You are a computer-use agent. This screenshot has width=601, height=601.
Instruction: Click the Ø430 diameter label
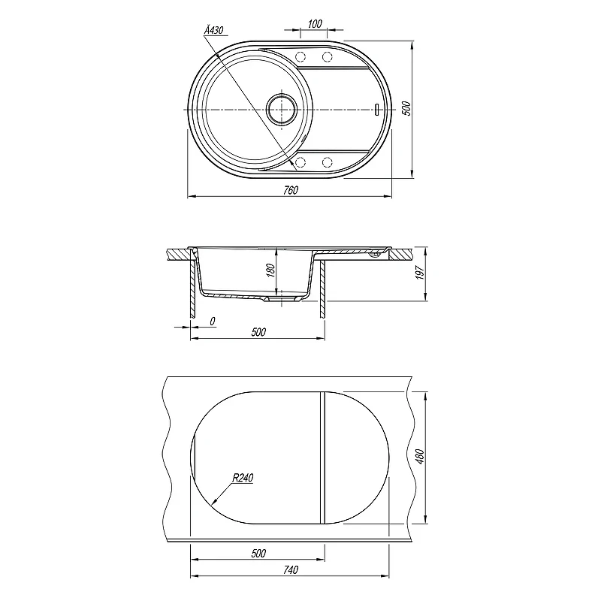(x=214, y=30)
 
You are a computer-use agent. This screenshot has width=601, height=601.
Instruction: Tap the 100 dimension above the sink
(x=315, y=24)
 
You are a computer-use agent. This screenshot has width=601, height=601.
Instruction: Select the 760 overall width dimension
(x=291, y=190)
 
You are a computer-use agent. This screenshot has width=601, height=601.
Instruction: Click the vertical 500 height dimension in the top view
(x=406, y=108)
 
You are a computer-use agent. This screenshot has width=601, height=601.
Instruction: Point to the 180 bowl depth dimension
(x=270, y=270)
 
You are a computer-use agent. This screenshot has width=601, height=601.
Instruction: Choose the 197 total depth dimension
(x=420, y=273)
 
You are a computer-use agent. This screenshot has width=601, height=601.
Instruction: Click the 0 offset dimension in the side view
(x=213, y=322)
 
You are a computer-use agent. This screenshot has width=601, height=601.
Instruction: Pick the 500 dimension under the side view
(x=258, y=332)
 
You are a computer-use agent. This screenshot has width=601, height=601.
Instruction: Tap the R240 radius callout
(x=243, y=478)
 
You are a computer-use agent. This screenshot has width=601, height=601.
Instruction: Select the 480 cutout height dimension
(x=420, y=457)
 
